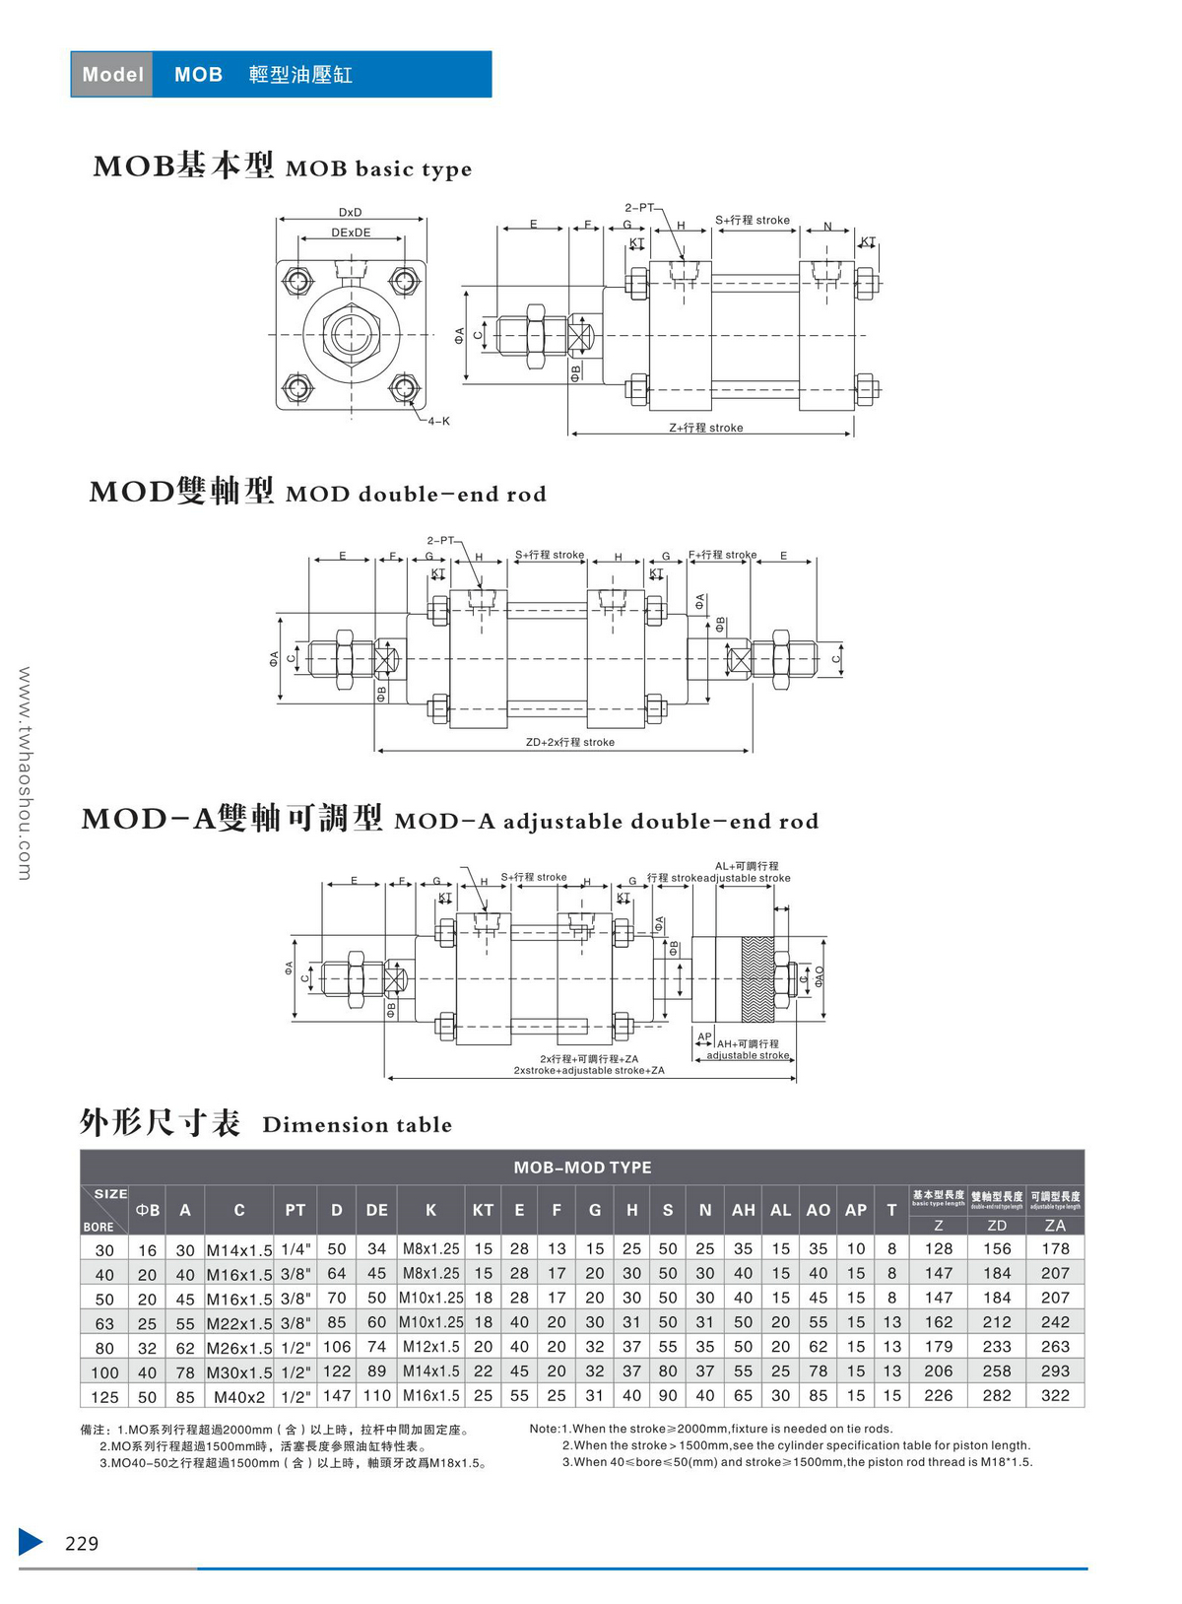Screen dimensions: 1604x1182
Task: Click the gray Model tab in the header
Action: pyautogui.click(x=112, y=74)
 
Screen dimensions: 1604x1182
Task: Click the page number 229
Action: pyautogui.click(x=82, y=1543)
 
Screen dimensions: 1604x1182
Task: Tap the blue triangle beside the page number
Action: pyautogui.click(x=30, y=1542)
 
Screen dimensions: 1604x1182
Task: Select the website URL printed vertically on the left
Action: pyautogui.click(x=25, y=773)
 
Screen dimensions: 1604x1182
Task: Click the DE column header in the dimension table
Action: pyautogui.click(x=376, y=1210)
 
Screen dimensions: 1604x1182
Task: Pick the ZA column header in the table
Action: pyautogui.click(x=1055, y=1226)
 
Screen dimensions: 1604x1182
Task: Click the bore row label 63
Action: pyautogui.click(x=104, y=1323)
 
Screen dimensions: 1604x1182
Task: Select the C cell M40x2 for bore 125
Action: pyautogui.click(x=239, y=1397)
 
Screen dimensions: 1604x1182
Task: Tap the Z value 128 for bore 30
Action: pyautogui.click(x=939, y=1248)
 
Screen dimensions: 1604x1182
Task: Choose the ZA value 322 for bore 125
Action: pyautogui.click(x=1055, y=1396)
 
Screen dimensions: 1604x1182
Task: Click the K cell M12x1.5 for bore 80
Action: pyautogui.click(x=430, y=1347)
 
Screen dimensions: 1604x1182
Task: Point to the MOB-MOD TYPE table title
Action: pyautogui.click(x=582, y=1168)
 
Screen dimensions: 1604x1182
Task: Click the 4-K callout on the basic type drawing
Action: pyautogui.click(x=438, y=421)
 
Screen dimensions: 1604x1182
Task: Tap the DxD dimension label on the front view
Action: pyautogui.click(x=350, y=212)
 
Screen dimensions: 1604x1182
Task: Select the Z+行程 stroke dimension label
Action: pyautogui.click(x=706, y=428)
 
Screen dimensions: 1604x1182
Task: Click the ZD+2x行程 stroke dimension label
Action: pyautogui.click(x=569, y=742)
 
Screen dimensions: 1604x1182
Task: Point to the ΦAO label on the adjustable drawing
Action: pyautogui.click(x=819, y=976)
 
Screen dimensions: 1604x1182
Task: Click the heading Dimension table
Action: pyautogui.click(x=357, y=1125)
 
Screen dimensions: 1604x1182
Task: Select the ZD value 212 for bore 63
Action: pyautogui.click(x=997, y=1322)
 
